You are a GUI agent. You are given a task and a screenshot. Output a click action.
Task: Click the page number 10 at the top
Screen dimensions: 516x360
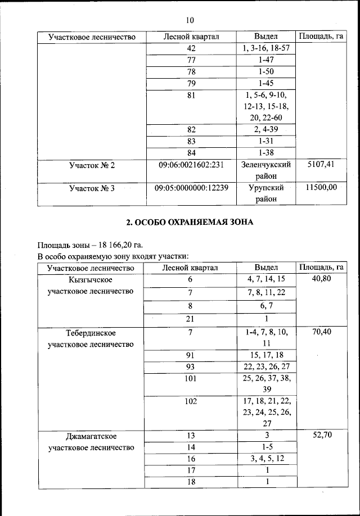point(189,20)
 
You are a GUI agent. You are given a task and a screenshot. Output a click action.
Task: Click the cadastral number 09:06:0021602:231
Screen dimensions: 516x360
point(190,165)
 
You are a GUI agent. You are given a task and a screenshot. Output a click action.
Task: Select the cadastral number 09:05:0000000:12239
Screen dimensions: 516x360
point(191,188)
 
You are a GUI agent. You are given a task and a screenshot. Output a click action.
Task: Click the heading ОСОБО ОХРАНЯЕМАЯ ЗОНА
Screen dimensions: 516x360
point(189,222)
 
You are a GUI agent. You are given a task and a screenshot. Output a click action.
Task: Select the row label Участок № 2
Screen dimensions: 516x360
point(92,165)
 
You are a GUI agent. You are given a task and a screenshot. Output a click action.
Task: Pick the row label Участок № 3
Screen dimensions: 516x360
point(92,188)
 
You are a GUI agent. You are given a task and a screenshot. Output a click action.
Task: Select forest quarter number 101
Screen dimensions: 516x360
point(190,378)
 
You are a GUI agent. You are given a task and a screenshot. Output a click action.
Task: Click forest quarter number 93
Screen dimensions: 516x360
point(190,366)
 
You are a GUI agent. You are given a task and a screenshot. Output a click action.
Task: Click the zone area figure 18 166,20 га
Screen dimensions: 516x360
point(119,246)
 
